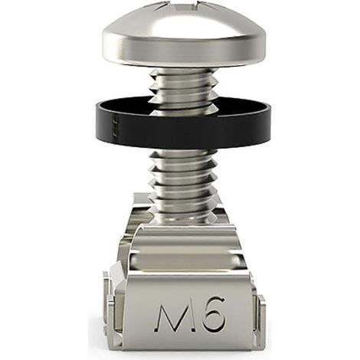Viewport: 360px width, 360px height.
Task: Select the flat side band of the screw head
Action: (185, 52)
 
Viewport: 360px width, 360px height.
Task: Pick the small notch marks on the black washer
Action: (114, 126)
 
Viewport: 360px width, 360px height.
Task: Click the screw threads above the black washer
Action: (183, 86)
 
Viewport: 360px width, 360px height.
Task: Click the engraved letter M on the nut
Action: (170, 316)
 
